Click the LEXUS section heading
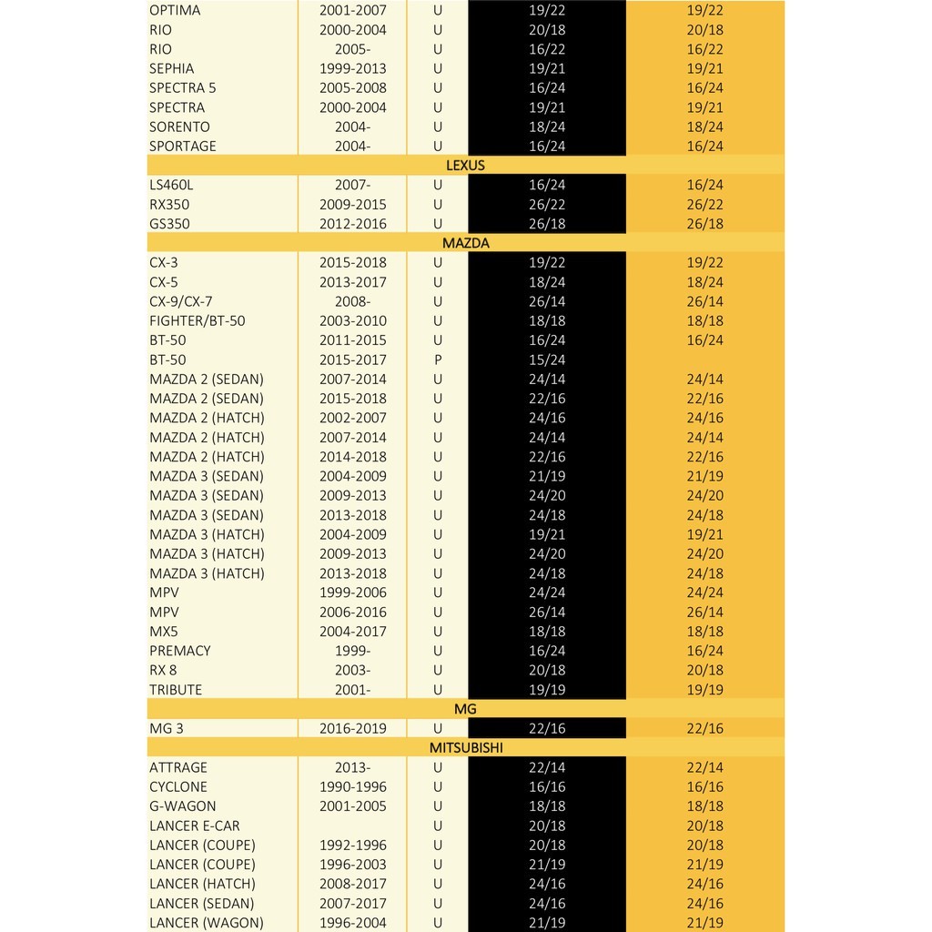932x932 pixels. pos(465,166)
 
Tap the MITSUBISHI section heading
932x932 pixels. pos(465,748)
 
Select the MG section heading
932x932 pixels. pos(465,709)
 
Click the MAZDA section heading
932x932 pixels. pos(465,243)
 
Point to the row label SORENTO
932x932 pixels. pos(179,127)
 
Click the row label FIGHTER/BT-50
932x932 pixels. pos(197,321)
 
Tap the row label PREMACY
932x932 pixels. pos(179,651)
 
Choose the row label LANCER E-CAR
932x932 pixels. pos(195,826)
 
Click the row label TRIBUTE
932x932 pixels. pos(176,690)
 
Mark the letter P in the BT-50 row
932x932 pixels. pos(438,360)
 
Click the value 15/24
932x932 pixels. pos(547,360)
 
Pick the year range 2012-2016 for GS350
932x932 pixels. pos(352,224)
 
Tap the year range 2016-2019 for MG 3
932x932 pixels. pos(352,728)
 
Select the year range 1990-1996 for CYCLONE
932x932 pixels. pos(352,787)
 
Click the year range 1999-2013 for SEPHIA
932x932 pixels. pos(352,68)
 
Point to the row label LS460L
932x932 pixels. pos(171,185)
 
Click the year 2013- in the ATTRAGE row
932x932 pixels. pos(352,767)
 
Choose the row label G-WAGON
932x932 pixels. pos(183,806)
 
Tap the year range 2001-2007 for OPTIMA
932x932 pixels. pos(352,10)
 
